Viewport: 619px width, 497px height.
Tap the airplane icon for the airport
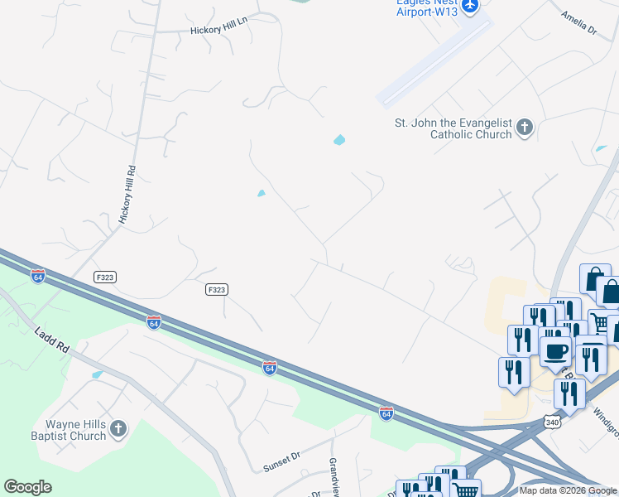470,6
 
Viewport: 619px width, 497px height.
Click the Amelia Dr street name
578,22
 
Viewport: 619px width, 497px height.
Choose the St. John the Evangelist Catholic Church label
452,128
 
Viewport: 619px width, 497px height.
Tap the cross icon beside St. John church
524,128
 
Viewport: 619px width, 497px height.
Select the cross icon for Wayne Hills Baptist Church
118,429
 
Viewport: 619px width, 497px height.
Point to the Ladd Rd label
51,345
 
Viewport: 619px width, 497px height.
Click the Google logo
27,487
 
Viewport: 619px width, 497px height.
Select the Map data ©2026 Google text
568,490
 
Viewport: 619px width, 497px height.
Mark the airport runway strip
434,62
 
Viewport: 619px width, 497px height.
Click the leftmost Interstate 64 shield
38,276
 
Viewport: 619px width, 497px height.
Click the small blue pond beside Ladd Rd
98,374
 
